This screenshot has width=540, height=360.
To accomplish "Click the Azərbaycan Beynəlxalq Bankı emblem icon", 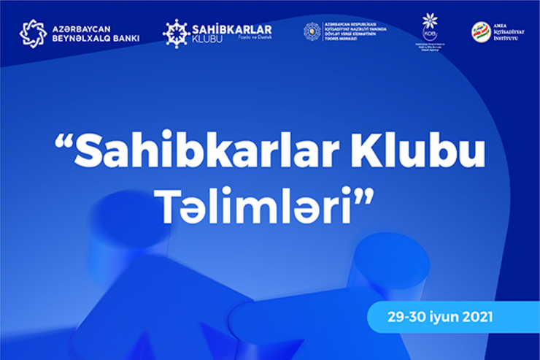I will click(33, 33).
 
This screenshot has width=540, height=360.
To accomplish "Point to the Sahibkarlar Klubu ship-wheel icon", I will click(176, 33).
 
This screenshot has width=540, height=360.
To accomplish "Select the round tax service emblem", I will click(312, 31).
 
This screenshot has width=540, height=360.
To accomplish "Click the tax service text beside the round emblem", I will click(355, 31).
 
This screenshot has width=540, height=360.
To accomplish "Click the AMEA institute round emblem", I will click(481, 32).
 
